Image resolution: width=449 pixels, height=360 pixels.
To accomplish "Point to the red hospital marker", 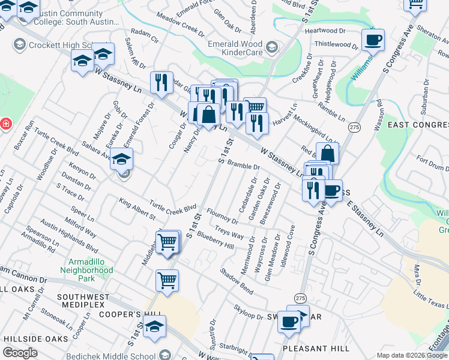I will (x=5, y=124).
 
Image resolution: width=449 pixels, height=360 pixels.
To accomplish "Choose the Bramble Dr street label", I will (x=244, y=166).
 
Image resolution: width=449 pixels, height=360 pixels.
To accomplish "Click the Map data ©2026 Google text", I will (x=412, y=355).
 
